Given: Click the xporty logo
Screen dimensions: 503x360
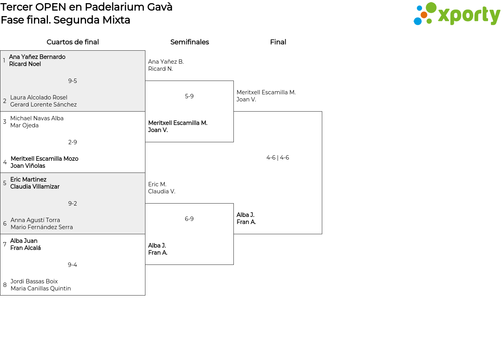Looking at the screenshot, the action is pyautogui.click(x=457, y=14).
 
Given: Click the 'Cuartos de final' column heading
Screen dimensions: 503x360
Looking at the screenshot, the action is pyautogui.click(x=73, y=42).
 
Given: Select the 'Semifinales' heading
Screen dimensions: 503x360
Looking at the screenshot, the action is pyautogui.click(x=189, y=42).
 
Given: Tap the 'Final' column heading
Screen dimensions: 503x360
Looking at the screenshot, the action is pyautogui.click(x=278, y=42).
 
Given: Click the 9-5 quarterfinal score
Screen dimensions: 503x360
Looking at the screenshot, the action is pyautogui.click(x=73, y=81).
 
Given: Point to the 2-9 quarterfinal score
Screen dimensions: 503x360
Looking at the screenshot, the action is pyautogui.click(x=73, y=142).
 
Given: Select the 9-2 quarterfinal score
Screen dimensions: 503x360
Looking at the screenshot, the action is pyautogui.click(x=73, y=204).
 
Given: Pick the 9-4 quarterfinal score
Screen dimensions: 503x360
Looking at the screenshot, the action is pyautogui.click(x=73, y=265).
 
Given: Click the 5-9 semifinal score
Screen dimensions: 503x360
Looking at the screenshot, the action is pyautogui.click(x=189, y=96).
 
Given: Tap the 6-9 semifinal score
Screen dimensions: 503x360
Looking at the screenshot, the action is pyautogui.click(x=189, y=219).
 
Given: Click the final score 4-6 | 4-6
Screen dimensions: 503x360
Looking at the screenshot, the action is pyautogui.click(x=277, y=158).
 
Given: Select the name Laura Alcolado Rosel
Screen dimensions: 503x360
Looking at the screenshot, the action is pyautogui.click(x=39, y=97).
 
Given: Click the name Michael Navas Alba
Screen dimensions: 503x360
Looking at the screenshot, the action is pyautogui.click(x=37, y=118).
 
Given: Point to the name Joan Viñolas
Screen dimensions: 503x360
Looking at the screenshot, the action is pyautogui.click(x=28, y=166).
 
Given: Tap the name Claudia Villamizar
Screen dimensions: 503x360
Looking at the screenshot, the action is pyautogui.click(x=35, y=187).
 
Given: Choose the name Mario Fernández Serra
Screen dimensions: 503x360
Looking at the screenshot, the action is pyautogui.click(x=42, y=227).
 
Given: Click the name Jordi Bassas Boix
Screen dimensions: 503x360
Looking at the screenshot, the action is pyautogui.click(x=34, y=281).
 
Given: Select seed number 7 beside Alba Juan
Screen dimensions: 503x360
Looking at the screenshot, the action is pyautogui.click(x=5, y=244).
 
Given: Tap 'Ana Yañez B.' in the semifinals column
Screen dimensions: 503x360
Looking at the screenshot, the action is pyautogui.click(x=166, y=62).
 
